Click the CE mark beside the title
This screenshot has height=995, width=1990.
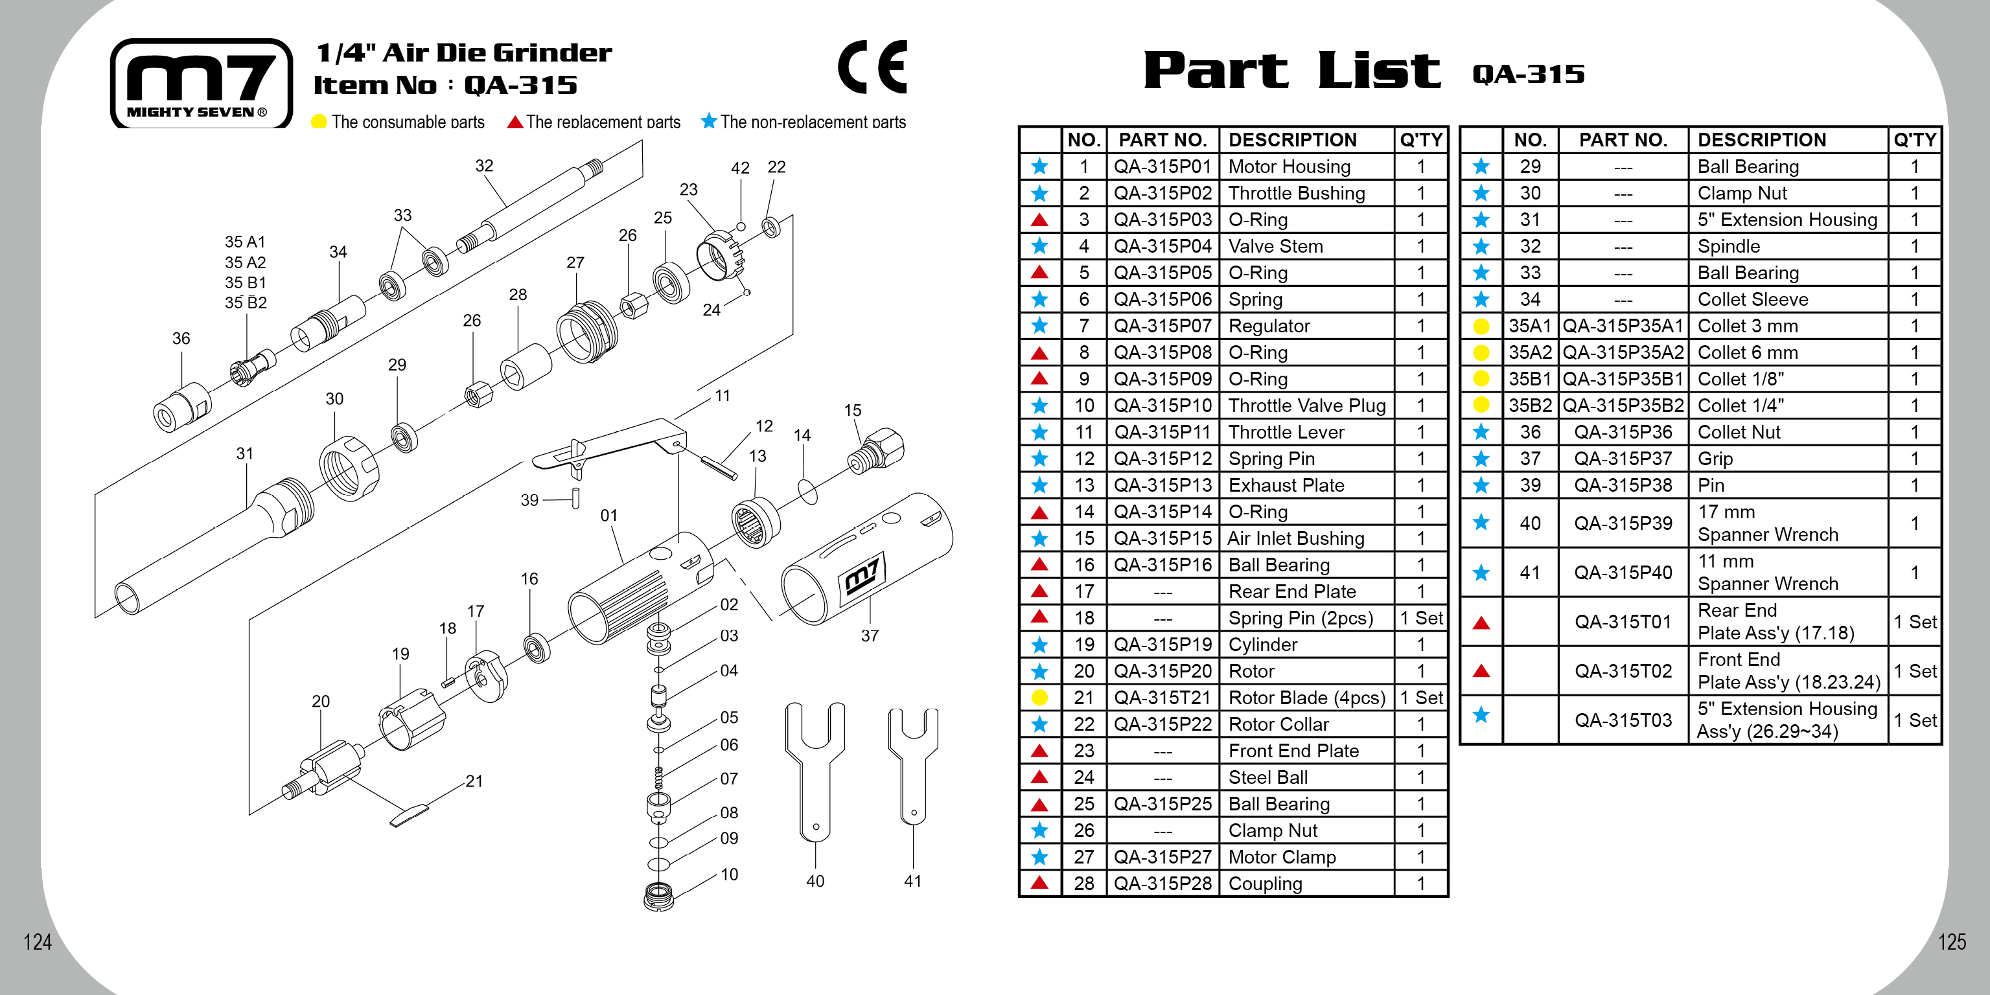[x=872, y=67]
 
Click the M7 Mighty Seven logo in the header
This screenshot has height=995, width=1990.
[x=201, y=81]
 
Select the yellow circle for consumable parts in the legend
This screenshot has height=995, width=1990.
[x=318, y=122]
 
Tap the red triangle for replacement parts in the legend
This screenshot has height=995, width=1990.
[x=515, y=122]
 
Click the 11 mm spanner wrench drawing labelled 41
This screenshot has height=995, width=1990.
[x=913, y=765]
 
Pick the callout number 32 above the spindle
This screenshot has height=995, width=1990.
[x=483, y=165]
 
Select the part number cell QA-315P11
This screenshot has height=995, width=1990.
[x=1163, y=432]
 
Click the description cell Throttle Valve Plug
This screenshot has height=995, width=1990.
[x=1306, y=406]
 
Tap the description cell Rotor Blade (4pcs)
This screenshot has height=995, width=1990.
[x=1306, y=698]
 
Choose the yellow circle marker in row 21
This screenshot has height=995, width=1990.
[x=1040, y=698]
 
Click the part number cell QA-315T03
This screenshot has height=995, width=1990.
[x=1623, y=720]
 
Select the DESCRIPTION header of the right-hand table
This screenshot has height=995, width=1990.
[x=1761, y=140]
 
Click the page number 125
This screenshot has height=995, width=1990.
[x=1951, y=942]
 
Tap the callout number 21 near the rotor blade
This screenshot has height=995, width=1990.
[x=474, y=781]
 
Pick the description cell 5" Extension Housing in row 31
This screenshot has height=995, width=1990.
[x=1787, y=220]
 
